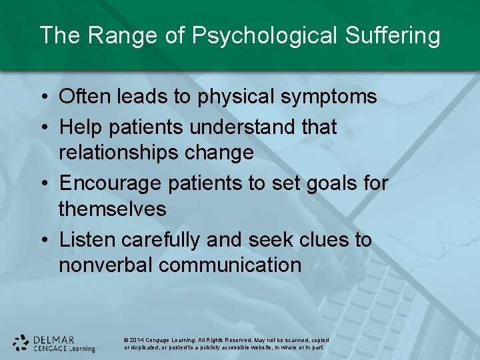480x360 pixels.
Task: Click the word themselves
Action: [112, 209]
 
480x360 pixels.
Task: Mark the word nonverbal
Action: [106, 265]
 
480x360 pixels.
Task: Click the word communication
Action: [230, 265]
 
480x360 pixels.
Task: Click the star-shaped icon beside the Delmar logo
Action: [21, 343]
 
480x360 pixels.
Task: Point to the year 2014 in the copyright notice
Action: [138, 339]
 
